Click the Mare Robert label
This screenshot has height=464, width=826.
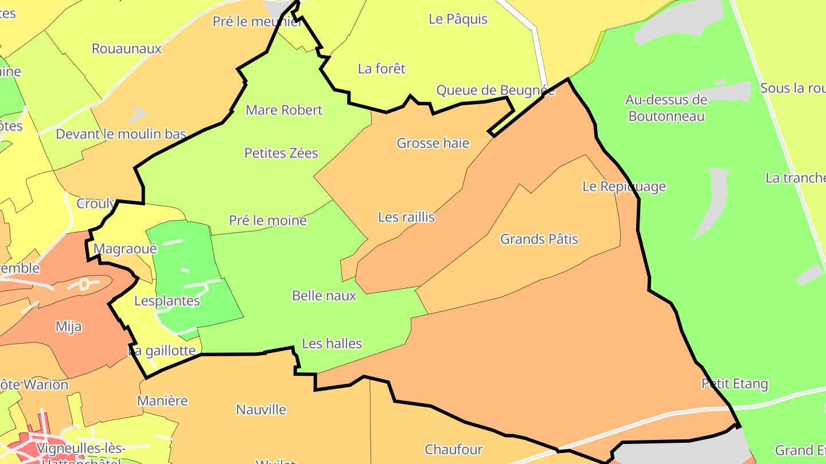coord(284,110)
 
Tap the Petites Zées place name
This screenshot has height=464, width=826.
coord(281,153)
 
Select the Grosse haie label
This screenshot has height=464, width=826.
coord(433,143)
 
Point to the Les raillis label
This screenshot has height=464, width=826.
coord(407,217)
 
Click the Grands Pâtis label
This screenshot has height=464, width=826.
coord(539,239)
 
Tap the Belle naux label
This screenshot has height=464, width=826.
coord(324,296)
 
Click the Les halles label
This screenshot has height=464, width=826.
coord(332,343)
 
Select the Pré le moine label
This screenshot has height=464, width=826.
coord(268,221)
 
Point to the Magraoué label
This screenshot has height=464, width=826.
coord(124,249)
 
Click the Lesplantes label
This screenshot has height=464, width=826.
coord(167,301)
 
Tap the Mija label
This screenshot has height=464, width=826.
coord(68,327)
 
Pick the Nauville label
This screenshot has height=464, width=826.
coord(261,410)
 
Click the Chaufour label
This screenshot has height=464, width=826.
coord(454,449)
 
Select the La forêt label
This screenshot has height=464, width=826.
coord(381,69)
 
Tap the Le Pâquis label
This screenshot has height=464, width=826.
coord(458,19)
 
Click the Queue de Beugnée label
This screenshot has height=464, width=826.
coord(496,91)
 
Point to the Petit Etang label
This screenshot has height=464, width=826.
coord(735,384)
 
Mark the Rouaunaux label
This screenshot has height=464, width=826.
coord(127,49)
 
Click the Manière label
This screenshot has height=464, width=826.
coord(163,400)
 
